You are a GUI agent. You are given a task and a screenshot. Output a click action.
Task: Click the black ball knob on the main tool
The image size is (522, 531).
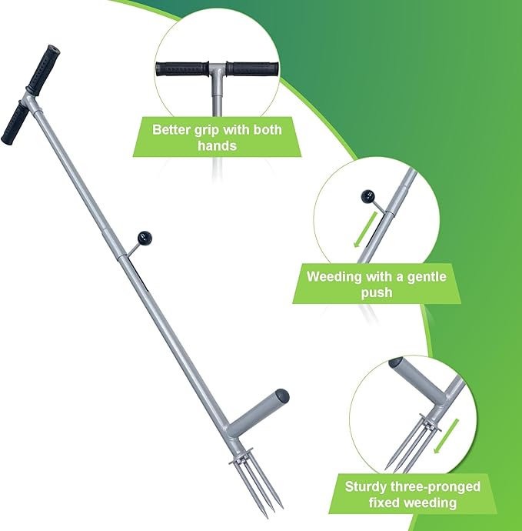145,239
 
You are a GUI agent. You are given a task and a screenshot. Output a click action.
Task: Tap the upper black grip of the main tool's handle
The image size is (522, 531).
43,70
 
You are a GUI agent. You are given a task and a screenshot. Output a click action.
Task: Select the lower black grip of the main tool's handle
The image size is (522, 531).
15,124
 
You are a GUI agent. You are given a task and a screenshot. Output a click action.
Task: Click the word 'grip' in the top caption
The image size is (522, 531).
207,130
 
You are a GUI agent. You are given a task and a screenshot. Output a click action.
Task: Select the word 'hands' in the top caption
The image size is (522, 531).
217,145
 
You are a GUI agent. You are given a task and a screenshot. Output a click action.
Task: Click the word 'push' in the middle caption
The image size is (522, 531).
377,292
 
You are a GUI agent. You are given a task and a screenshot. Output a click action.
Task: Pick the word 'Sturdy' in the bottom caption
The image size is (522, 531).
366,486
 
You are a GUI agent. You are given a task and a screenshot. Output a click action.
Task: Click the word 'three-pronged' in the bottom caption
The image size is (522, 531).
436,486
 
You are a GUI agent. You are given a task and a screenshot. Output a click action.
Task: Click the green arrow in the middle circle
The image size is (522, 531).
365,229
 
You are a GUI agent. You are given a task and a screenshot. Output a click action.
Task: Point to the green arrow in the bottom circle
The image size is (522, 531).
446,436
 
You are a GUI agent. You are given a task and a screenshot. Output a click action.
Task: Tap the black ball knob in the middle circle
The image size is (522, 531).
367,197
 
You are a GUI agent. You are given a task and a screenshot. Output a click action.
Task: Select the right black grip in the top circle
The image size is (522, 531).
252,69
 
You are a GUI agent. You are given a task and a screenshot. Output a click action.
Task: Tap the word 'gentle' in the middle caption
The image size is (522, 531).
427,277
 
